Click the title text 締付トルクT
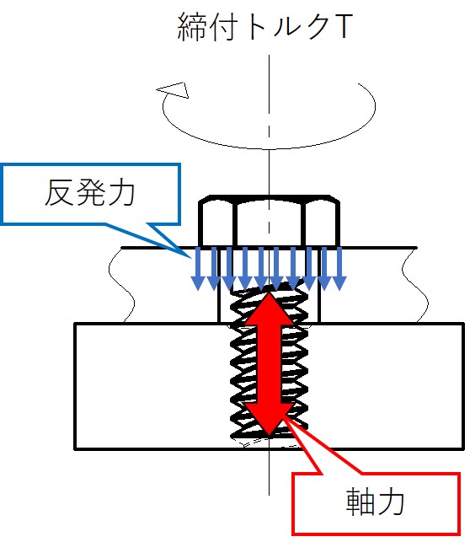click(x=264, y=27)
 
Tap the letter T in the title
click(x=343, y=26)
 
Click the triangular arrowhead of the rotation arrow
click(x=174, y=90)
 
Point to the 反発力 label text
click(x=90, y=193)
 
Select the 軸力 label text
click(x=375, y=502)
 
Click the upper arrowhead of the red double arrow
click(x=270, y=308)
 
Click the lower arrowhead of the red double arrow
click(x=269, y=418)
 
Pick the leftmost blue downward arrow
click(x=198, y=269)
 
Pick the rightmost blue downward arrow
click(x=339, y=269)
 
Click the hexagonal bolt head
click(x=269, y=221)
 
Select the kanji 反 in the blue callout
click(x=60, y=193)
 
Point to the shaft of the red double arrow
click(x=270, y=363)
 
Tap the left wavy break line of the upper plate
click(x=121, y=285)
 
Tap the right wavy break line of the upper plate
click(x=414, y=285)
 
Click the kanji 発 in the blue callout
click(x=90, y=193)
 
